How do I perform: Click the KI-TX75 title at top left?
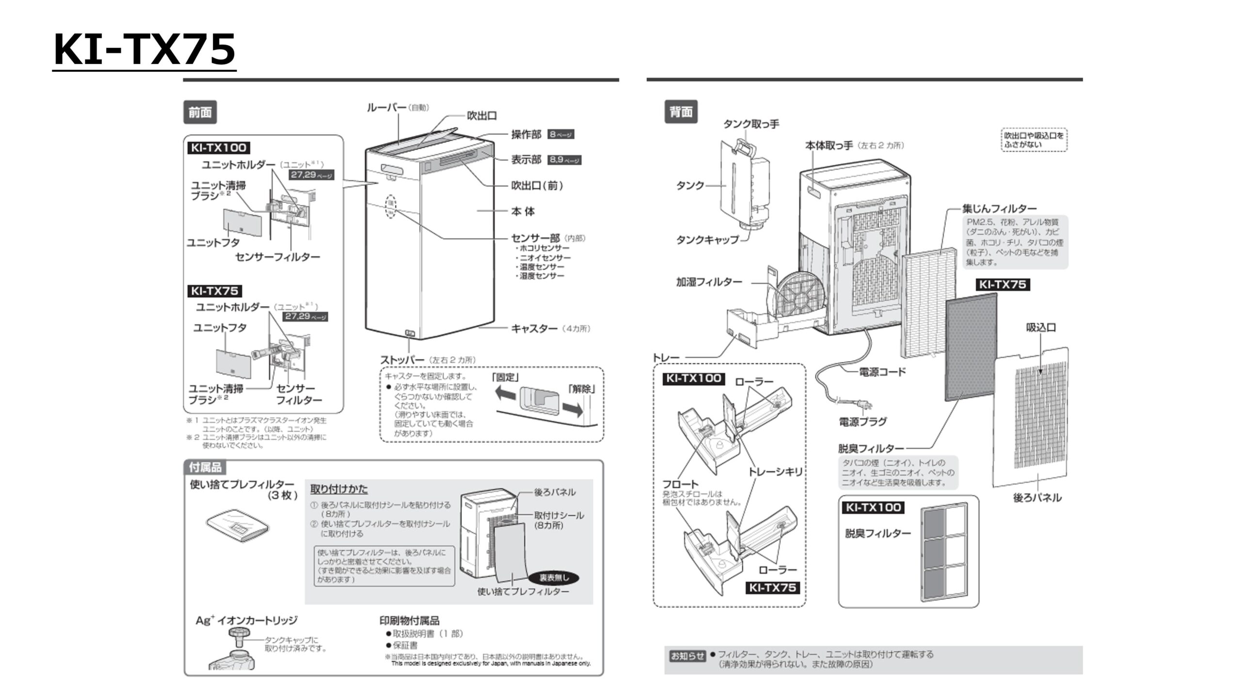click(x=144, y=49)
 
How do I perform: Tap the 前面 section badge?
click(x=200, y=112)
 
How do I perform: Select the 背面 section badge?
click(x=681, y=112)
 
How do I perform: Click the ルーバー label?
click(x=386, y=107)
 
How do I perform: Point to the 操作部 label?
click(x=526, y=134)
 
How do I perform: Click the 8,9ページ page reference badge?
click(x=564, y=159)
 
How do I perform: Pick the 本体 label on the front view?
click(x=523, y=211)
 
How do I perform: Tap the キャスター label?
click(x=534, y=328)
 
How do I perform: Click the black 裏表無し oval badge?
click(x=554, y=578)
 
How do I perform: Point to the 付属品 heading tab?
click(x=205, y=467)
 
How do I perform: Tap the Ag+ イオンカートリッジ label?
click(x=246, y=620)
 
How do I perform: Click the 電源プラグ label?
click(x=862, y=422)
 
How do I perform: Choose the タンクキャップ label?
click(x=707, y=239)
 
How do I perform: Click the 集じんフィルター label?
click(x=999, y=208)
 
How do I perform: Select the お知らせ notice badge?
click(x=687, y=656)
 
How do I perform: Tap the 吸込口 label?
click(x=1040, y=328)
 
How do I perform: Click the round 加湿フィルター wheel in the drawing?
click(x=800, y=296)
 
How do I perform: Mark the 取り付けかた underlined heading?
click(x=339, y=489)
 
